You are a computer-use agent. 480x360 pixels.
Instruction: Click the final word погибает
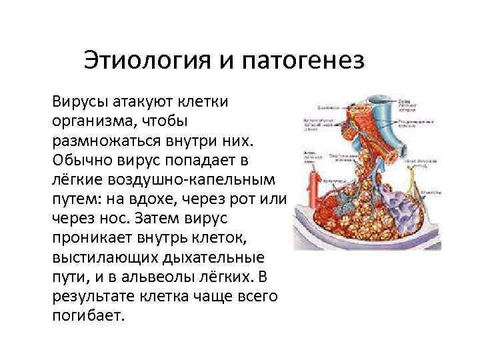[87, 315]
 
